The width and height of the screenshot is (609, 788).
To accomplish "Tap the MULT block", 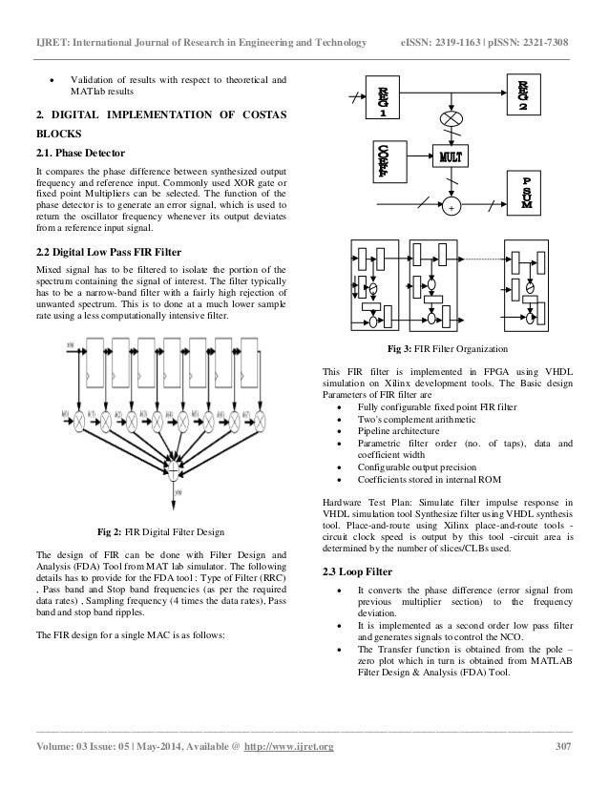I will point(457,156).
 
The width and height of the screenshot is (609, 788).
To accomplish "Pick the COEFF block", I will point(382,161).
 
